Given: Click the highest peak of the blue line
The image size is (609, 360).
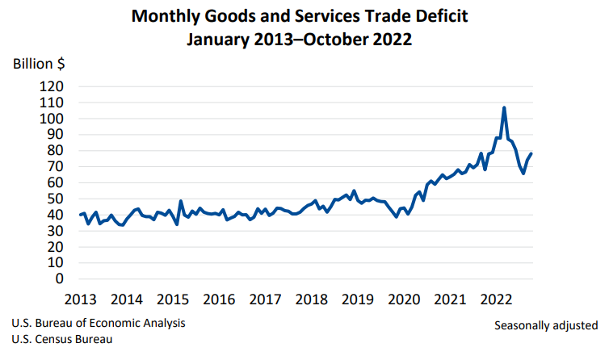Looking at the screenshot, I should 504,107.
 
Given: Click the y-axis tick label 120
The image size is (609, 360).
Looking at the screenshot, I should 52,86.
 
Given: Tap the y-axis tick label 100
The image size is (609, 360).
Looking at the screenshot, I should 52,119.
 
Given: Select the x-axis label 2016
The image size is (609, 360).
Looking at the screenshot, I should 218,299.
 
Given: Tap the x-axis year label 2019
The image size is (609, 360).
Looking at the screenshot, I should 357,299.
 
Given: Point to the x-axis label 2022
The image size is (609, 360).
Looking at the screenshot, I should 495,299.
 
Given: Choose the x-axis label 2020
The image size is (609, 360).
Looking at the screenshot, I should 403,299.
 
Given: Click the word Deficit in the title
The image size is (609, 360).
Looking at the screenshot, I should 451,15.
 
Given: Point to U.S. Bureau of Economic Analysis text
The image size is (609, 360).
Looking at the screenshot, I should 99,323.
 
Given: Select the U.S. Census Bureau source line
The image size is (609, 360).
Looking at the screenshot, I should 62,340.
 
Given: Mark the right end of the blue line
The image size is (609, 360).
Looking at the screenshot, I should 531,153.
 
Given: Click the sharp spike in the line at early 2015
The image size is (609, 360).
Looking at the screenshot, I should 181,201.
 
